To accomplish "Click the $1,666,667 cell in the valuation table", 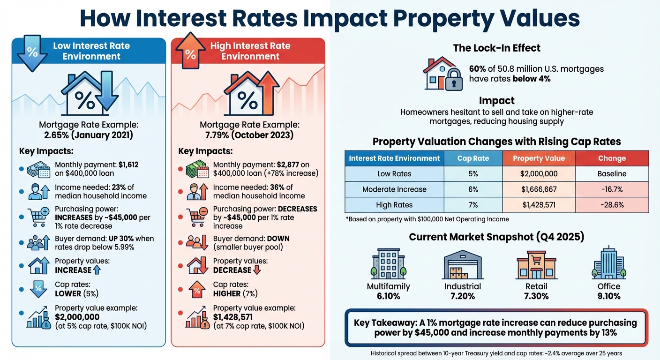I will [539, 189].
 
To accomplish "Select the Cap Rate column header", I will [473, 158].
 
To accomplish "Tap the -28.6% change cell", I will [612, 205].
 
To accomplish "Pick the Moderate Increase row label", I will [394, 189].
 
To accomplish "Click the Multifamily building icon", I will [388, 265].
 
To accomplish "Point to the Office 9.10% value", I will [609, 296].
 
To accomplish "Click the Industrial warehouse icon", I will [462, 265].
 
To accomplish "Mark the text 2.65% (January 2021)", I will [89, 135].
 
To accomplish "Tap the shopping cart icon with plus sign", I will [38, 217].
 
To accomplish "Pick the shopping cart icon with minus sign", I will [197, 217].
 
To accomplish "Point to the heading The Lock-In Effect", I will [496, 48].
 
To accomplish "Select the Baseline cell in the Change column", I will [612, 174].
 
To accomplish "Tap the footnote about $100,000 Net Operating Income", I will [427, 219].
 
